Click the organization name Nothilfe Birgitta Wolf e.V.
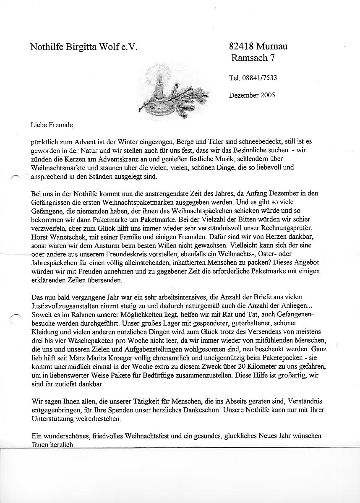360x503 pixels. click(84, 47)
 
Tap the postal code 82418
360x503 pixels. click(242, 47)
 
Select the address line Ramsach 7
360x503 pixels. click(253, 58)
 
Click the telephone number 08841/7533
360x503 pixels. click(260, 78)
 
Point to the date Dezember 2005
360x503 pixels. click(252, 95)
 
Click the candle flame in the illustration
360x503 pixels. click(159, 77)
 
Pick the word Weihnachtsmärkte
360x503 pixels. click(57, 168)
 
